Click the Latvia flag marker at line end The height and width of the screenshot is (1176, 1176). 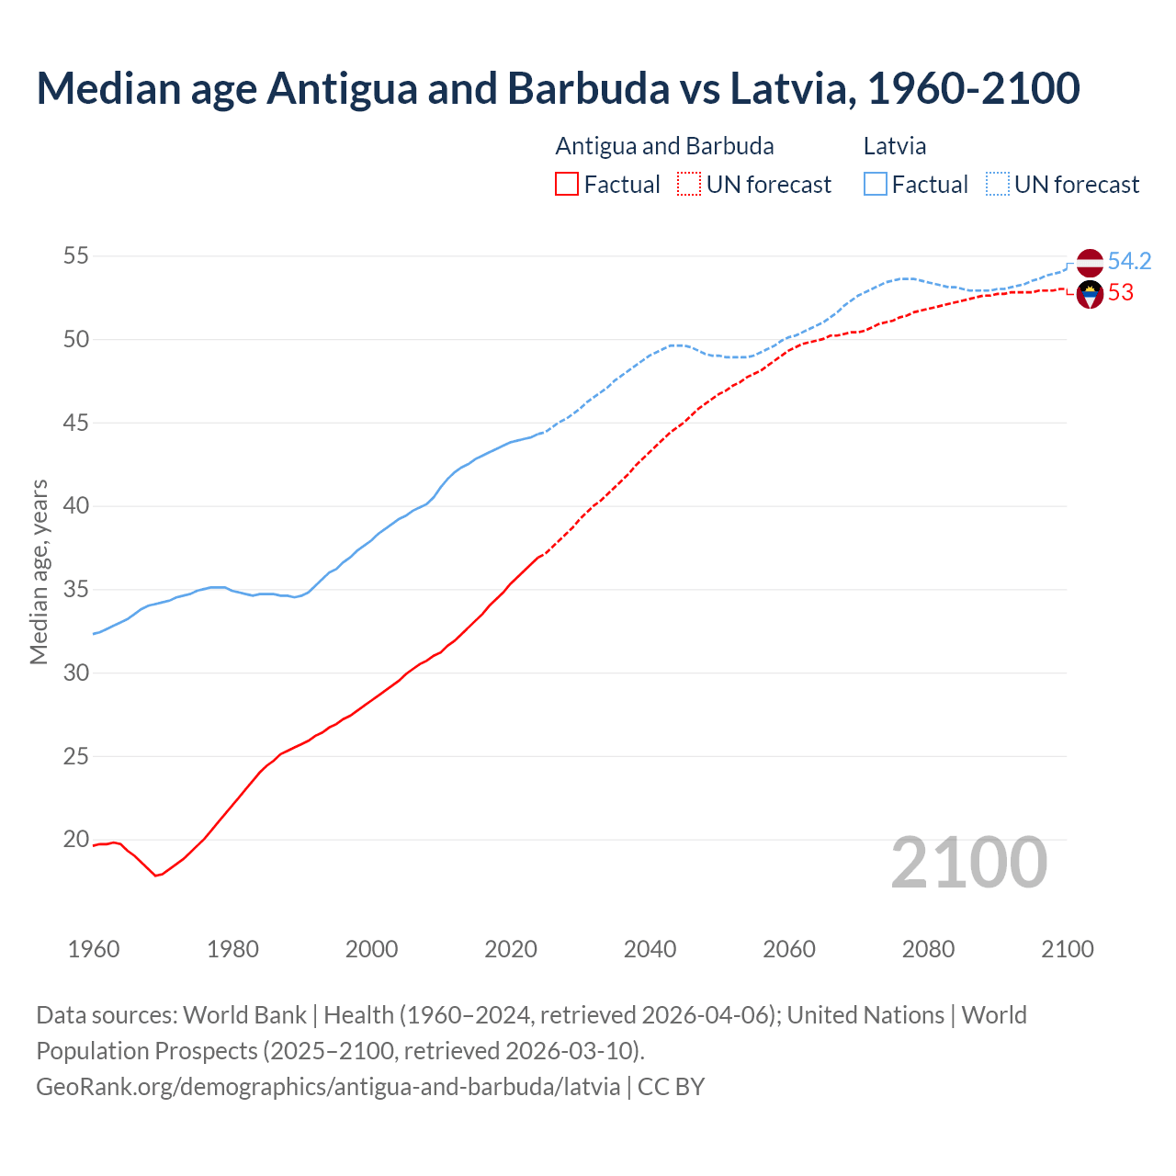click(x=1090, y=262)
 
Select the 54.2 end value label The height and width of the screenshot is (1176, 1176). click(x=1129, y=262)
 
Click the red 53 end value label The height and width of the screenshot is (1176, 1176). click(x=1121, y=293)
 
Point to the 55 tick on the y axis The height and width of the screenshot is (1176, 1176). click(x=76, y=256)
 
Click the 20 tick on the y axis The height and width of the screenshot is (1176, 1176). click(x=76, y=840)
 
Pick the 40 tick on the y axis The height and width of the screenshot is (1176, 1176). click(x=76, y=506)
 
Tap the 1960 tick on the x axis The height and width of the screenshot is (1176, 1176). click(x=94, y=949)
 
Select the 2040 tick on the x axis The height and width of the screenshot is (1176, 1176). click(x=650, y=949)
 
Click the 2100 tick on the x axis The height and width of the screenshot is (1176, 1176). click(x=1067, y=949)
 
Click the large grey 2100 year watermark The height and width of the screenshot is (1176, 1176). click(x=968, y=863)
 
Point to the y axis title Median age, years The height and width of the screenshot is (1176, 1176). click(x=39, y=571)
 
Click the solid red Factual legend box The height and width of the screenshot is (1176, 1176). click(x=567, y=185)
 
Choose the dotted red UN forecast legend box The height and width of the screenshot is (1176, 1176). click(x=689, y=185)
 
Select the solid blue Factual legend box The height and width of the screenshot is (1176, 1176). click(x=876, y=185)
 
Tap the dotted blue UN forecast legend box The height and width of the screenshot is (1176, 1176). click(x=998, y=185)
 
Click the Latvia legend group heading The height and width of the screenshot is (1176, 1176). click(x=894, y=146)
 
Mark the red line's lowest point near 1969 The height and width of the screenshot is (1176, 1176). click(x=155, y=876)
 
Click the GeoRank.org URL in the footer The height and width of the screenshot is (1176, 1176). click(x=328, y=1087)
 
